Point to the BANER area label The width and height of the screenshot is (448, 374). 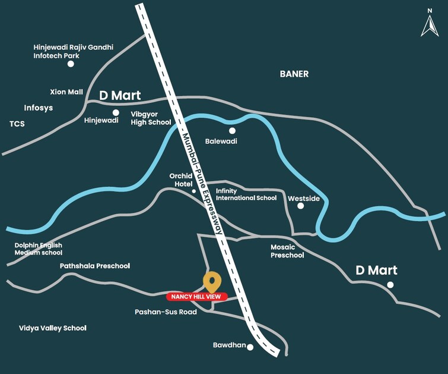[294, 74]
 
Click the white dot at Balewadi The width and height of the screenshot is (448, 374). [232, 131]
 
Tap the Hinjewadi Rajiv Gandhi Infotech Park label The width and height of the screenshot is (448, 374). [73, 51]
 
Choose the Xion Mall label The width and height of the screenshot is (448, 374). [66, 92]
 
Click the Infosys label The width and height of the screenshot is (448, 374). [39, 108]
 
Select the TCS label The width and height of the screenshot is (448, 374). [17, 124]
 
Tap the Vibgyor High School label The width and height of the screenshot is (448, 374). [151, 118]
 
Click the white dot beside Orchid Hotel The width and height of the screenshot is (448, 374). [193, 191]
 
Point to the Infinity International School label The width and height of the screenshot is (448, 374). [246, 194]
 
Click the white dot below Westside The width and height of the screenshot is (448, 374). [300, 206]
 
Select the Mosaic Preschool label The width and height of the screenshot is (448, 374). [287, 251]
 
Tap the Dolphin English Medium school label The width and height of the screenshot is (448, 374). [39, 249]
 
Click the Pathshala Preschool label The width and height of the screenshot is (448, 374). [95, 266]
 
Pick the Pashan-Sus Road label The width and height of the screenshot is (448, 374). [166, 312]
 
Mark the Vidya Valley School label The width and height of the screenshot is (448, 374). [53, 328]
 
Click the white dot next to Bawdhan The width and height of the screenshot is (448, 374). [250, 347]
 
